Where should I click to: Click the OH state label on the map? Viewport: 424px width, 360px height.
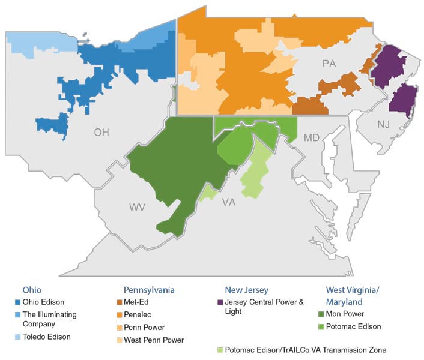tap(101, 132)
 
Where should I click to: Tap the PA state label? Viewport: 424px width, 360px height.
tap(329, 64)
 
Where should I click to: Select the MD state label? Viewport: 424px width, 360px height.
tap(311, 138)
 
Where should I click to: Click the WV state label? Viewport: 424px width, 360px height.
tap(137, 207)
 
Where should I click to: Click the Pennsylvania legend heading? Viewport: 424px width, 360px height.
tap(149, 289)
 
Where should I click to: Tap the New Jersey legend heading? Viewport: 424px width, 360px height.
tap(246, 289)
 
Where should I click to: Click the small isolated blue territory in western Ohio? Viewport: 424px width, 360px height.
tap(52, 125)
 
